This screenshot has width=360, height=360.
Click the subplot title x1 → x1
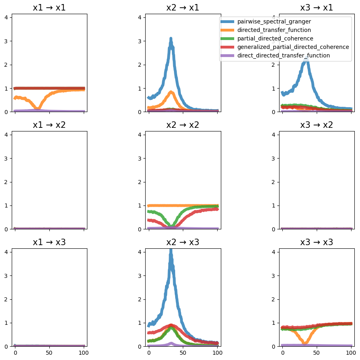coord(49,8)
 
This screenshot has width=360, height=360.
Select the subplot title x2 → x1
coord(183,8)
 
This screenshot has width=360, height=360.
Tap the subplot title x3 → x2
coord(317,125)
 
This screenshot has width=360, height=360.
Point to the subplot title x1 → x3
coord(49,242)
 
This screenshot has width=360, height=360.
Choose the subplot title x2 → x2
coord(183,125)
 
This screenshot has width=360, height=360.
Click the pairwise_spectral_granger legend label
coord(274,21)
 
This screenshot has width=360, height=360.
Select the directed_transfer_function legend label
coord(274,30)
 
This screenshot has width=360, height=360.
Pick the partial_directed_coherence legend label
coord(275,38)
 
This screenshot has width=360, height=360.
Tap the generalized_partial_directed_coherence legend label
coord(293,47)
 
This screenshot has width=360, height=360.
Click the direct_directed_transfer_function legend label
coord(284,55)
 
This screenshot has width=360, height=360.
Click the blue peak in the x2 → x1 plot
coord(171,38)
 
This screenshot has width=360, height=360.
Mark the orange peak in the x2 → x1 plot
coord(171,92)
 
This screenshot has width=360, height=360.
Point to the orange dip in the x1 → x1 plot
coord(38,108)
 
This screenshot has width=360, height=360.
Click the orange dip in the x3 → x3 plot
coord(305,343)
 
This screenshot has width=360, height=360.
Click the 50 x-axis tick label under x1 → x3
coord(49,353)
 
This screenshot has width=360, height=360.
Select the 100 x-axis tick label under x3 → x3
coord(351,353)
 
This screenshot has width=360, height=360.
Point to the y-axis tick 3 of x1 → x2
coord(6,159)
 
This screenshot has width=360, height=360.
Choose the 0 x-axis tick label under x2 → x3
coord(149,353)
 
